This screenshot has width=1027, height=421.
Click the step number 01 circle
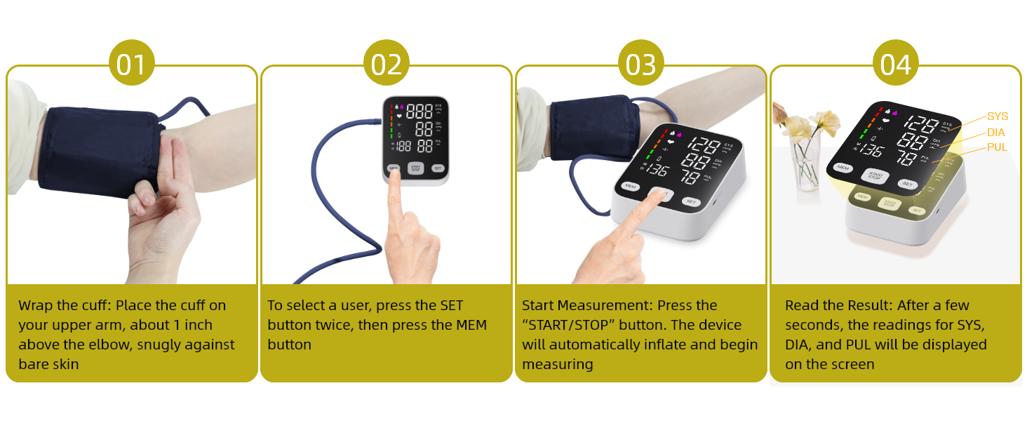point(132,65)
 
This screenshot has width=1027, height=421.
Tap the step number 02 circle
point(387,65)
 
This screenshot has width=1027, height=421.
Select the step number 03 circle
point(640,65)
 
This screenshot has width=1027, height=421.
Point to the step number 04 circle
point(896,65)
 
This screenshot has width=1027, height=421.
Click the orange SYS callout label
point(997,116)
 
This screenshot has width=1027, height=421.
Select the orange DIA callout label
point(996,132)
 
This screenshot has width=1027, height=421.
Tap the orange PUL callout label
point(997,147)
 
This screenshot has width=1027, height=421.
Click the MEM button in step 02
point(394,168)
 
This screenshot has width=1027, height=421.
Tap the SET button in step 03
point(690,201)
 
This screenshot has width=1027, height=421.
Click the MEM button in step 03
point(630,187)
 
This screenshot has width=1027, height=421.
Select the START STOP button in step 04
point(875,175)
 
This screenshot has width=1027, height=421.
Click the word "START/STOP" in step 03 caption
point(564,326)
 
